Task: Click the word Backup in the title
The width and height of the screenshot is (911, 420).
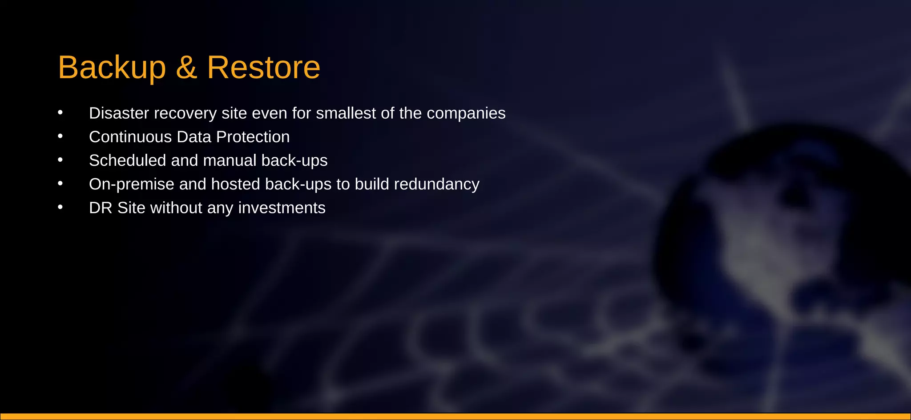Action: pos(112,68)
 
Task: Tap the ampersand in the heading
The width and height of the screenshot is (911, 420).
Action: pos(186,68)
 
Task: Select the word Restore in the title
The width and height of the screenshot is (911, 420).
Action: pos(263,68)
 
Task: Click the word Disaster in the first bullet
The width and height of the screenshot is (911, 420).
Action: pos(119,113)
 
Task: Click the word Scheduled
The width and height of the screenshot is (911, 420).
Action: pos(128,160)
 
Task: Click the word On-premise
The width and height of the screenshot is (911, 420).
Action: pos(132,184)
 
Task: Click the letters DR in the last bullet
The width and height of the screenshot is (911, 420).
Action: pos(101,208)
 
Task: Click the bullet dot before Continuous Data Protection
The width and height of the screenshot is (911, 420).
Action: pos(60,136)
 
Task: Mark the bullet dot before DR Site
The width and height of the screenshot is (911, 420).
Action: pos(60,207)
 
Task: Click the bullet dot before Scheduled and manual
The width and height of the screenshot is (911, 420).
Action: pos(60,160)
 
